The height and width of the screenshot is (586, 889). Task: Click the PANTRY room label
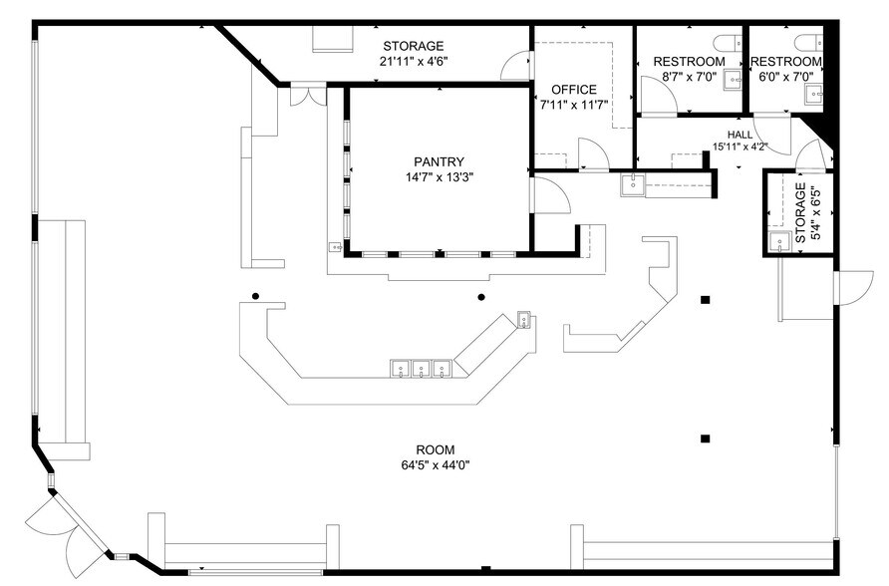(440, 161)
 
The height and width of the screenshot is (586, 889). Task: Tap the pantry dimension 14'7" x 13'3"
(440, 178)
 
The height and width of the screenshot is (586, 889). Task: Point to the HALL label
(740, 135)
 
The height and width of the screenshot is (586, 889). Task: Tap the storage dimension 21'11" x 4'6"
(413, 62)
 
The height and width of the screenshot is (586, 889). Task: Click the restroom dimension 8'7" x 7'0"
(689, 77)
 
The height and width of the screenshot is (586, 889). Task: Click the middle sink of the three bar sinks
(421, 369)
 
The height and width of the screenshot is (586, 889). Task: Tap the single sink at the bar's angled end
(524, 320)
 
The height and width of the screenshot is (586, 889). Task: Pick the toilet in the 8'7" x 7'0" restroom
(726, 40)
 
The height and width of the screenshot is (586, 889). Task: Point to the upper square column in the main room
(706, 299)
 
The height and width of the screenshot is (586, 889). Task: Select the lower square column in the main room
(706, 438)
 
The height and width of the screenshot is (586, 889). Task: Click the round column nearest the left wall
(256, 296)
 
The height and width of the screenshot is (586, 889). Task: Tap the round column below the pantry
(481, 297)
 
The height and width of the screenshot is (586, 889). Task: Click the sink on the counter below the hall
(631, 183)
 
